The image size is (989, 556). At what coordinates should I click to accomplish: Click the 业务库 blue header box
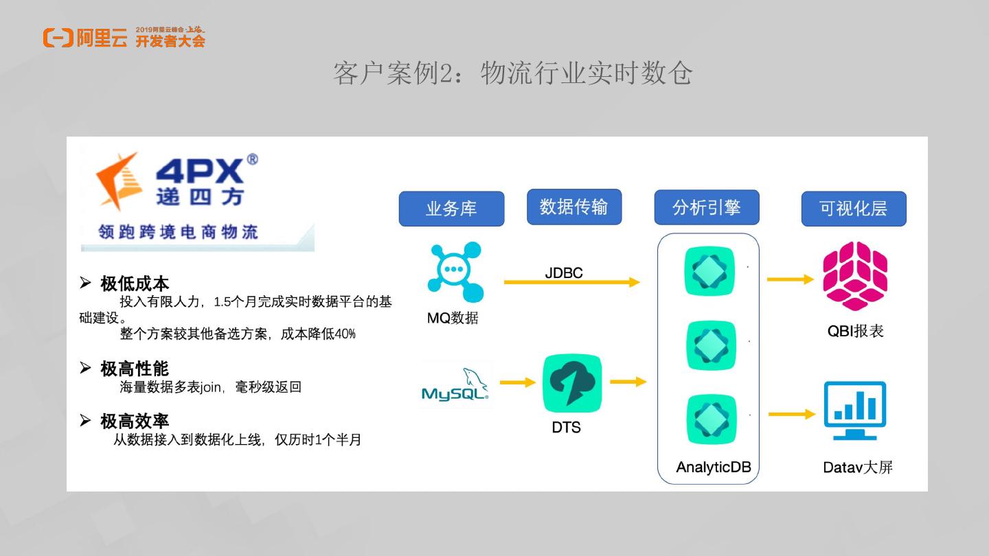tap(451, 209)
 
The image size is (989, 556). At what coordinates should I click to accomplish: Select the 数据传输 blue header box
tap(574, 207)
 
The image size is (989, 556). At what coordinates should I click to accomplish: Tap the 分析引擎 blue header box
tap(706, 207)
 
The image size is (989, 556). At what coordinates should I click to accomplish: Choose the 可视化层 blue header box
tap(854, 209)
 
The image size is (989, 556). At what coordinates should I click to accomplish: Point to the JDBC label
tap(564, 273)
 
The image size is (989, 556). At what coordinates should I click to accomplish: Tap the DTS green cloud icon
tap(572, 383)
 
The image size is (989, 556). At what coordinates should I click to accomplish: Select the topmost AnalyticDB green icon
tap(709, 271)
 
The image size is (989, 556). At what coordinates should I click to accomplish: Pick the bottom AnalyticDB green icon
tap(709, 419)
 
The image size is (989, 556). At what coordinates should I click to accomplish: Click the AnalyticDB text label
tap(714, 467)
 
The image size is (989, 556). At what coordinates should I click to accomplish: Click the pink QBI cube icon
tap(855, 276)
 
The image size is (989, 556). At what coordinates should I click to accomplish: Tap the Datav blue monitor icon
tap(855, 410)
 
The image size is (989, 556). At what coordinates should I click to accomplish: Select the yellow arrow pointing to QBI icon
tap(791, 279)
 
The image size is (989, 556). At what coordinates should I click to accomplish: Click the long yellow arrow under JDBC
tap(571, 282)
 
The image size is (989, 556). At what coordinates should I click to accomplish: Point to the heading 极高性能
tap(135, 369)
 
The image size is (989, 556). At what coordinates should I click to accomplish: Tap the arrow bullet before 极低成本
tap(85, 282)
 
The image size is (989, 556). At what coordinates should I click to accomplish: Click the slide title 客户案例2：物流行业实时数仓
tap(512, 73)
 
